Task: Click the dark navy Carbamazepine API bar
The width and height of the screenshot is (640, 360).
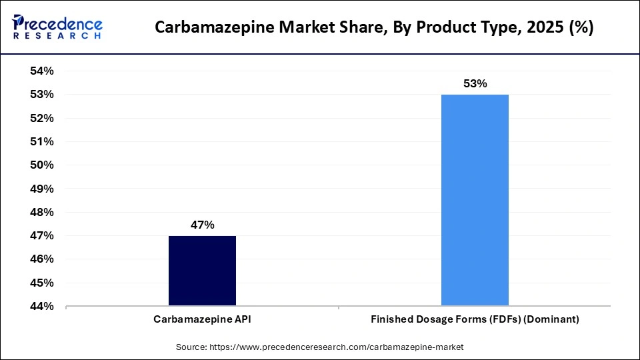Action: point(202,271)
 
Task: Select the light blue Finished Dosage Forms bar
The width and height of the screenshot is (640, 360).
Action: point(475,200)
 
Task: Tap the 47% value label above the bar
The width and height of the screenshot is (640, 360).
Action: point(202,225)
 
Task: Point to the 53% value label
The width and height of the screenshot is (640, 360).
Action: point(475,84)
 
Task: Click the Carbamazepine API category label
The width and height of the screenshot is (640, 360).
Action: point(202,319)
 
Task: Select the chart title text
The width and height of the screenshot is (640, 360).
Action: point(374,28)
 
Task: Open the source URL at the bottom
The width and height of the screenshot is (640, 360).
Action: point(336,347)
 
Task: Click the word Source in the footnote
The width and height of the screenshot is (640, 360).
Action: point(191,347)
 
